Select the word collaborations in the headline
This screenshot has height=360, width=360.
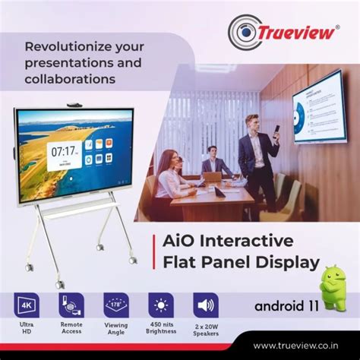[70, 78]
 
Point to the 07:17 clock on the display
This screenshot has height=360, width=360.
[62, 150]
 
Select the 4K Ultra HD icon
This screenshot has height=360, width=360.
[27, 305]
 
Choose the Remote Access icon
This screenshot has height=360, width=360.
[71, 305]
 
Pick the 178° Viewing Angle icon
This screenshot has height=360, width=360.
[115, 305]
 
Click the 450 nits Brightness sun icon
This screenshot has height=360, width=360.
[160, 305]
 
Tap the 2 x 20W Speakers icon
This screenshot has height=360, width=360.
[205, 305]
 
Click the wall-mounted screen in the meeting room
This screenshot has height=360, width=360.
[318, 106]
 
